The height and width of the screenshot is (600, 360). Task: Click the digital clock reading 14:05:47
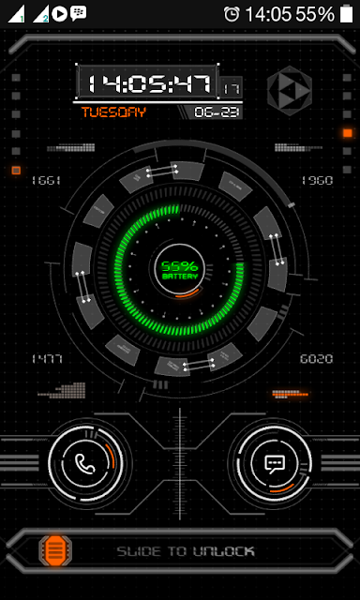[147, 83]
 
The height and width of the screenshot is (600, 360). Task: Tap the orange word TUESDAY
[113, 112]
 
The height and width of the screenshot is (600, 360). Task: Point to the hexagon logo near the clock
[288, 91]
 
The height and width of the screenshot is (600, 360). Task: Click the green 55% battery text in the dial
[179, 267]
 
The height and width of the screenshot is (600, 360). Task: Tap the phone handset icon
[86, 462]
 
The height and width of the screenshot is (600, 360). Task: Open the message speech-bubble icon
[275, 462]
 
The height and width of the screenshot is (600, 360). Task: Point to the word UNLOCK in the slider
[223, 551]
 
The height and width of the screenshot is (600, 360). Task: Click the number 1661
[45, 180]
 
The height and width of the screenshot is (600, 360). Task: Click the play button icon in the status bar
[60, 14]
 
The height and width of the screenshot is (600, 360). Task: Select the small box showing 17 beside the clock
[230, 88]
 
